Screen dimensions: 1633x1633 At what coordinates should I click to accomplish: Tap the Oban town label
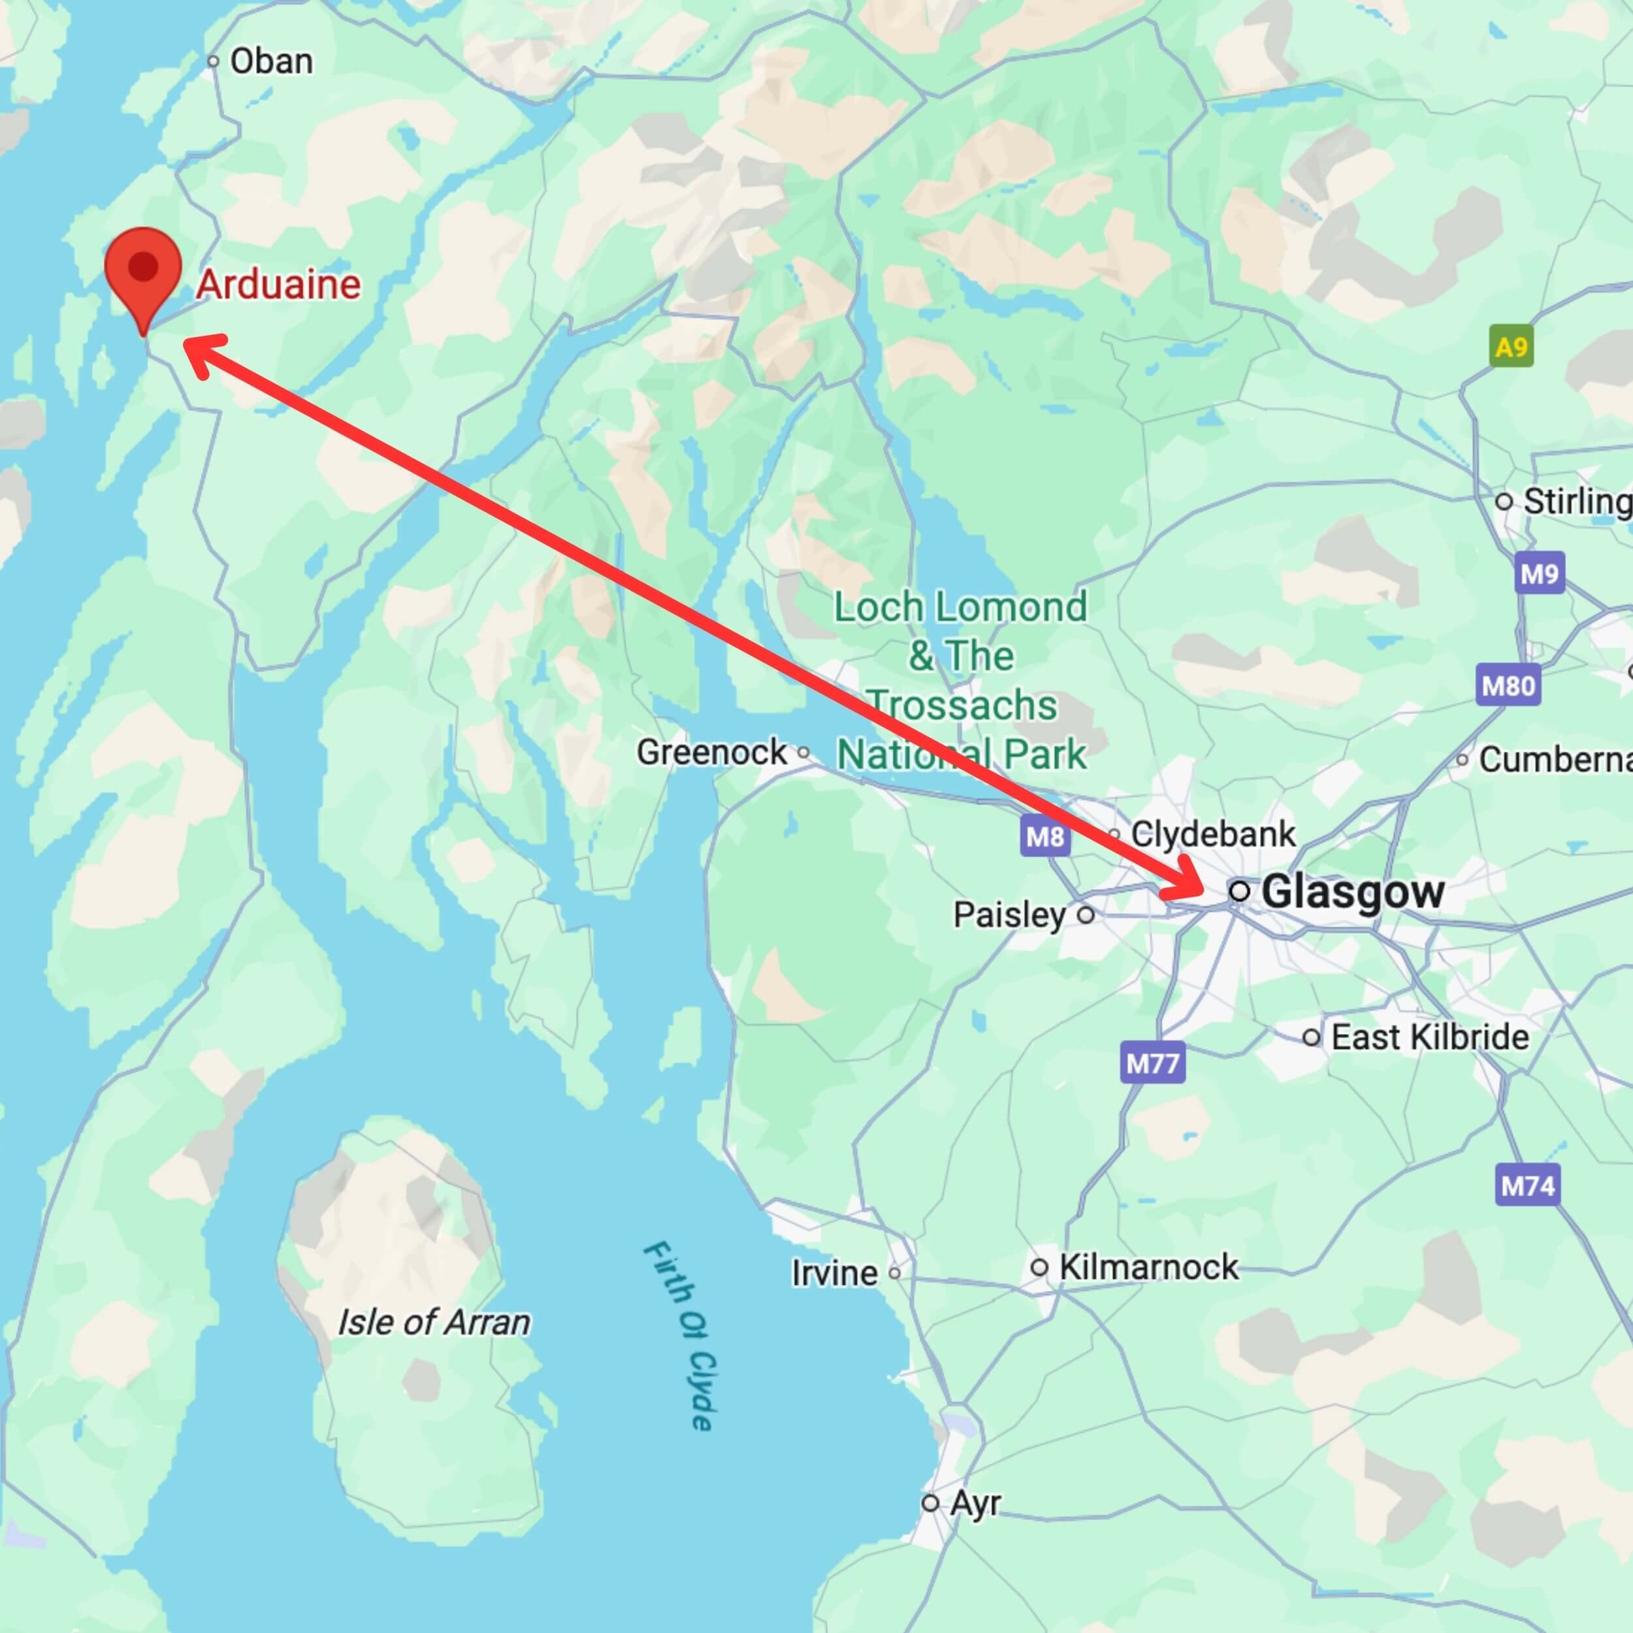pyautogui.click(x=270, y=61)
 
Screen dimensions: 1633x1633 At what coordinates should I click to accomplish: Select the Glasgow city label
pyautogui.click(x=1351, y=892)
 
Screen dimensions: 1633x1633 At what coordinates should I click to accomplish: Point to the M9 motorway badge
pyautogui.click(x=1539, y=574)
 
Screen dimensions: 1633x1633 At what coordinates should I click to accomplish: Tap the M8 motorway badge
pyautogui.click(x=1044, y=837)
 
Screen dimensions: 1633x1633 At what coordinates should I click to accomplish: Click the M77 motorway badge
pyautogui.click(x=1153, y=1063)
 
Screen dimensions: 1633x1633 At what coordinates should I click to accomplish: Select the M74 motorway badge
pyautogui.click(x=1527, y=1186)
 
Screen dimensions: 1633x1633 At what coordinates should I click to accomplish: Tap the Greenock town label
pyautogui.click(x=712, y=751)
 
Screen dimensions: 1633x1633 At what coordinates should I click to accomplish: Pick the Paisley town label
pyautogui.click(x=1010, y=914)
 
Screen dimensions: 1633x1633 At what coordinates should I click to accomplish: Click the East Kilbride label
pyautogui.click(x=1430, y=1037)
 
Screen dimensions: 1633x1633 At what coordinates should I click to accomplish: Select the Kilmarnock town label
pyautogui.click(x=1148, y=1267)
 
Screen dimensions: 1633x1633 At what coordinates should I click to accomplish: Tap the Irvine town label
pyautogui.click(x=834, y=1272)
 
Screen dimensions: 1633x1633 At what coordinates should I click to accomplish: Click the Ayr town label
pyautogui.click(x=975, y=1503)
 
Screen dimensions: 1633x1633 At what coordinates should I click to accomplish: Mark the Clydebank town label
pyautogui.click(x=1212, y=834)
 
